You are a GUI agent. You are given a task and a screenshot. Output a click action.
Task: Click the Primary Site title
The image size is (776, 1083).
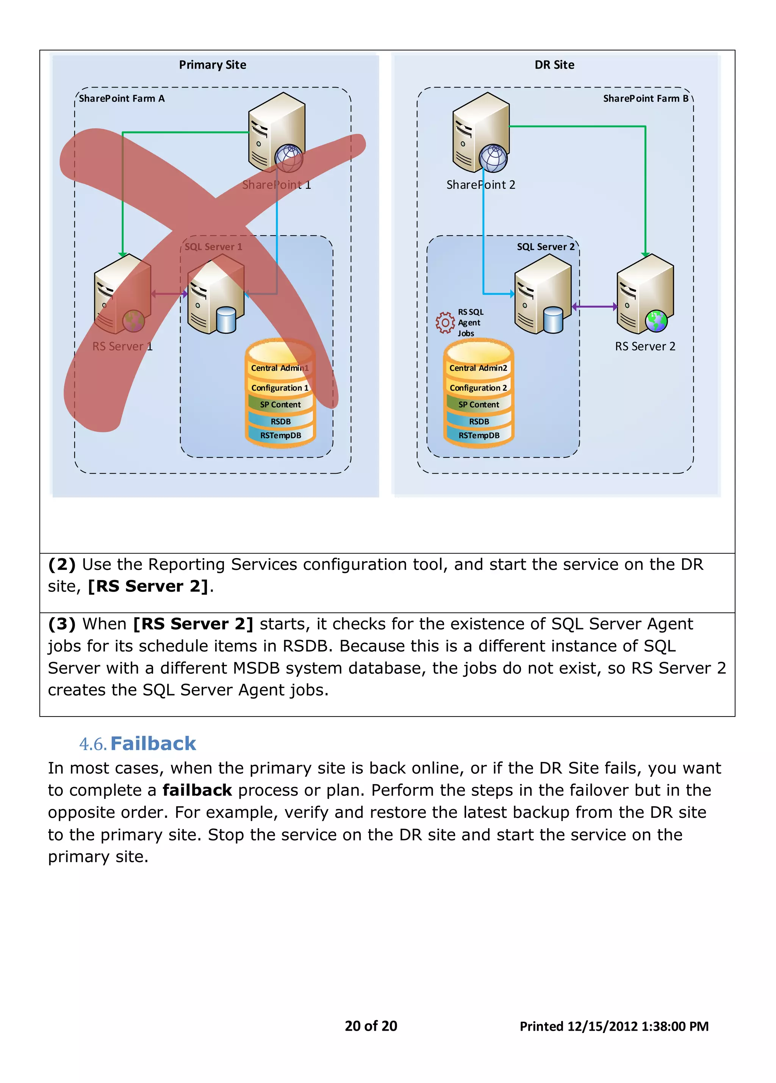(x=213, y=65)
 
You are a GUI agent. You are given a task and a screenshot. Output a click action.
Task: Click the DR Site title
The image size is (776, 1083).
(x=554, y=65)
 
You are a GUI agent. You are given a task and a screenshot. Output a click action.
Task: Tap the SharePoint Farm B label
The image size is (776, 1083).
(x=645, y=99)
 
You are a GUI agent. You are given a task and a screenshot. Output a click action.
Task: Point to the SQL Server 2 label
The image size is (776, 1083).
(x=545, y=247)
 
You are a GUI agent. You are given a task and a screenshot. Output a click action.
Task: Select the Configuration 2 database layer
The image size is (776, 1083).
(x=478, y=388)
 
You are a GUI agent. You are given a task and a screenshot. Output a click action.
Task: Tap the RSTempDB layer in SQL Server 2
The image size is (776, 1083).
(x=479, y=435)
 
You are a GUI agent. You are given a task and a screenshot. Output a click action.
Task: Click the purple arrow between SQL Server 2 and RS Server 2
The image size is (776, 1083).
(x=594, y=307)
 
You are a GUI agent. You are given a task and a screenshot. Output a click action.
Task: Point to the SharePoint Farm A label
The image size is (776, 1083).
(x=122, y=99)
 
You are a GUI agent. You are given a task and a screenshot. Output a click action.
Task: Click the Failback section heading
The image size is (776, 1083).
(x=153, y=744)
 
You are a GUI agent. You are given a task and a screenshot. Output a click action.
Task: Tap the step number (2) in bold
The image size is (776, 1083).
(x=62, y=564)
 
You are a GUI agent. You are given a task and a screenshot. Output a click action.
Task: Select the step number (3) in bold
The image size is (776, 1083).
(x=62, y=624)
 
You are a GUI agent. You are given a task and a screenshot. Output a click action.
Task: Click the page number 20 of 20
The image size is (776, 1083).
(x=371, y=1026)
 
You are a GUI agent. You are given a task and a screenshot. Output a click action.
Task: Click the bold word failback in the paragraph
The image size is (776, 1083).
(x=197, y=790)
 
